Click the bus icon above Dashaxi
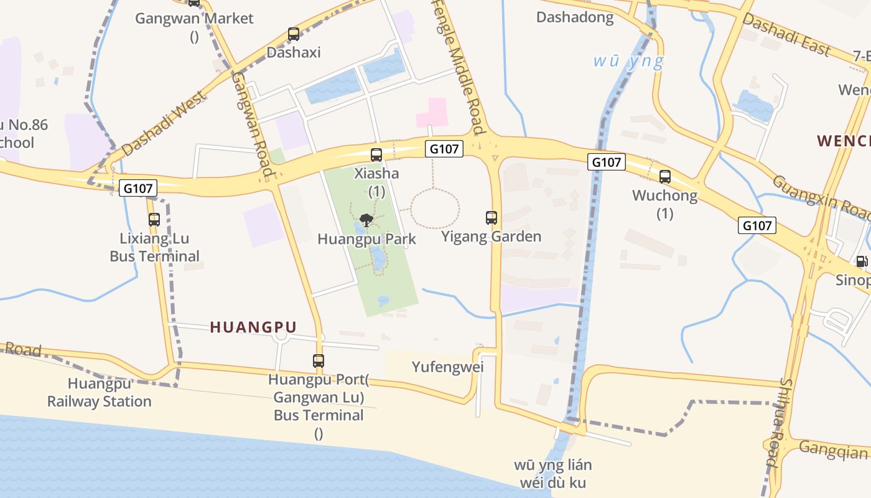click(x=294, y=34)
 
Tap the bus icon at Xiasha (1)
click(x=376, y=155)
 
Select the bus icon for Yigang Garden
click(x=491, y=218)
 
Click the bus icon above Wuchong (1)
click(x=665, y=177)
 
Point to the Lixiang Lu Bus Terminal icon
click(x=154, y=220)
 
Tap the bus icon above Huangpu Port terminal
click(x=319, y=360)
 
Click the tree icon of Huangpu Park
click(x=366, y=220)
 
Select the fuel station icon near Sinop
click(x=862, y=262)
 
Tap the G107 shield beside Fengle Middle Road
click(x=445, y=149)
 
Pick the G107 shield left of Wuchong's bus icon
click(x=607, y=162)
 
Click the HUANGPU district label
click(x=253, y=327)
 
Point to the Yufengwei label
click(x=448, y=367)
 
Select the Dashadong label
click(x=575, y=17)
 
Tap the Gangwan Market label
click(x=194, y=19)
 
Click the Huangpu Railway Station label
click(x=100, y=393)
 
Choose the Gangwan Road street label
click(x=253, y=125)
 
